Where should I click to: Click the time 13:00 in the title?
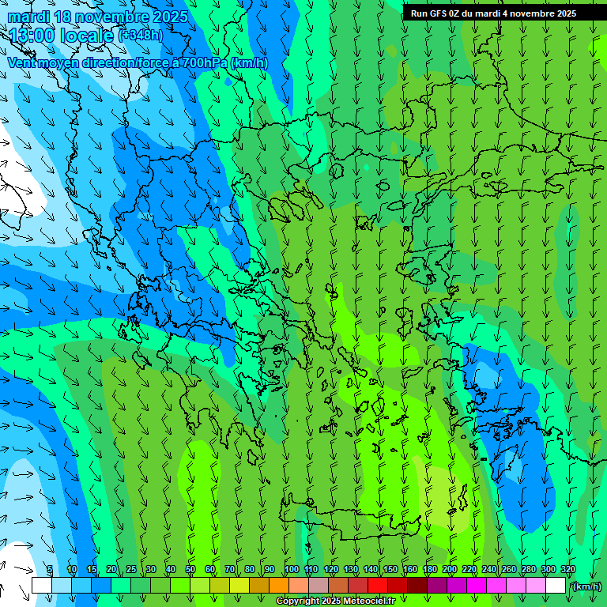32,35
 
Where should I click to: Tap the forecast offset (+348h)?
141,35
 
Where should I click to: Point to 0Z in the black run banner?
455,13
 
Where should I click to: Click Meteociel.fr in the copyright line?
370,601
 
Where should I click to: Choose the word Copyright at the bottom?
297,601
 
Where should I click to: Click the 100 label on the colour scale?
292,570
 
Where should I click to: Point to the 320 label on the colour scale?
568,570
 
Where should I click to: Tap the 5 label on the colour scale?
50,570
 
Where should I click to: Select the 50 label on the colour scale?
190,570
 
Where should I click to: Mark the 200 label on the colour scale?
450,570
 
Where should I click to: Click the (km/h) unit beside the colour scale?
586,586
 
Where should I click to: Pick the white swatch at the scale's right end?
556,586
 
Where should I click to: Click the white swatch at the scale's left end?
42,586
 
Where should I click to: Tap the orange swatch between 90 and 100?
279,586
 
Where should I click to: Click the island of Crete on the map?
371,512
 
